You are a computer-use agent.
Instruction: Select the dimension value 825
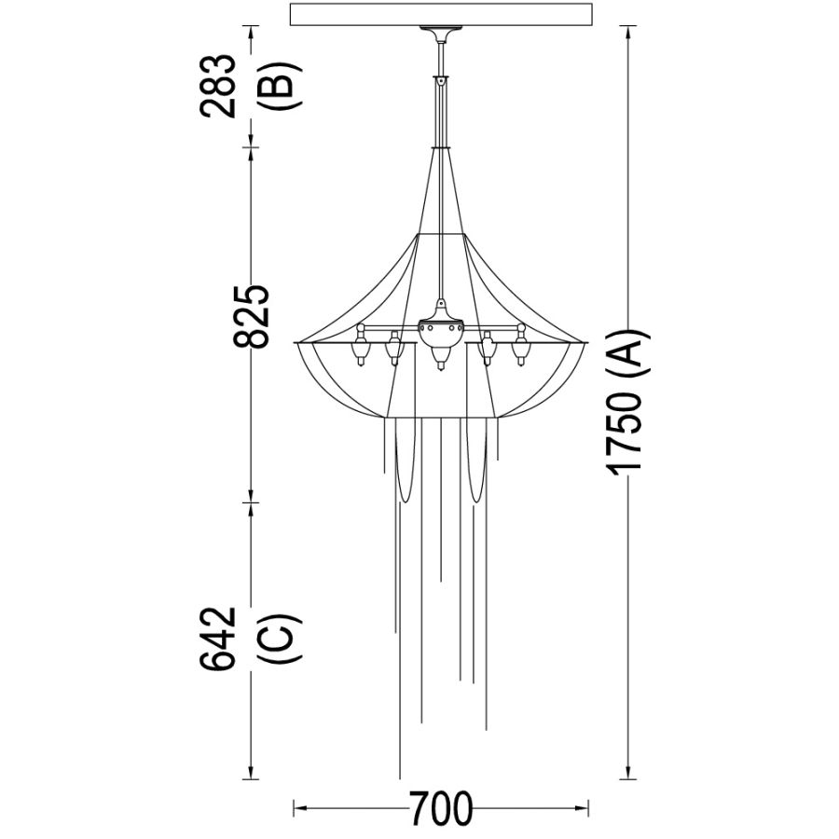[251, 317]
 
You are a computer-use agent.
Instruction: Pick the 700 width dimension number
[442, 808]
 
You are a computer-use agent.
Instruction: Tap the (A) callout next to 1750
[627, 354]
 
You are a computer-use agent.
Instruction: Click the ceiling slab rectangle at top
[442, 14]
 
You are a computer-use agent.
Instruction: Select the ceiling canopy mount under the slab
[440, 32]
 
